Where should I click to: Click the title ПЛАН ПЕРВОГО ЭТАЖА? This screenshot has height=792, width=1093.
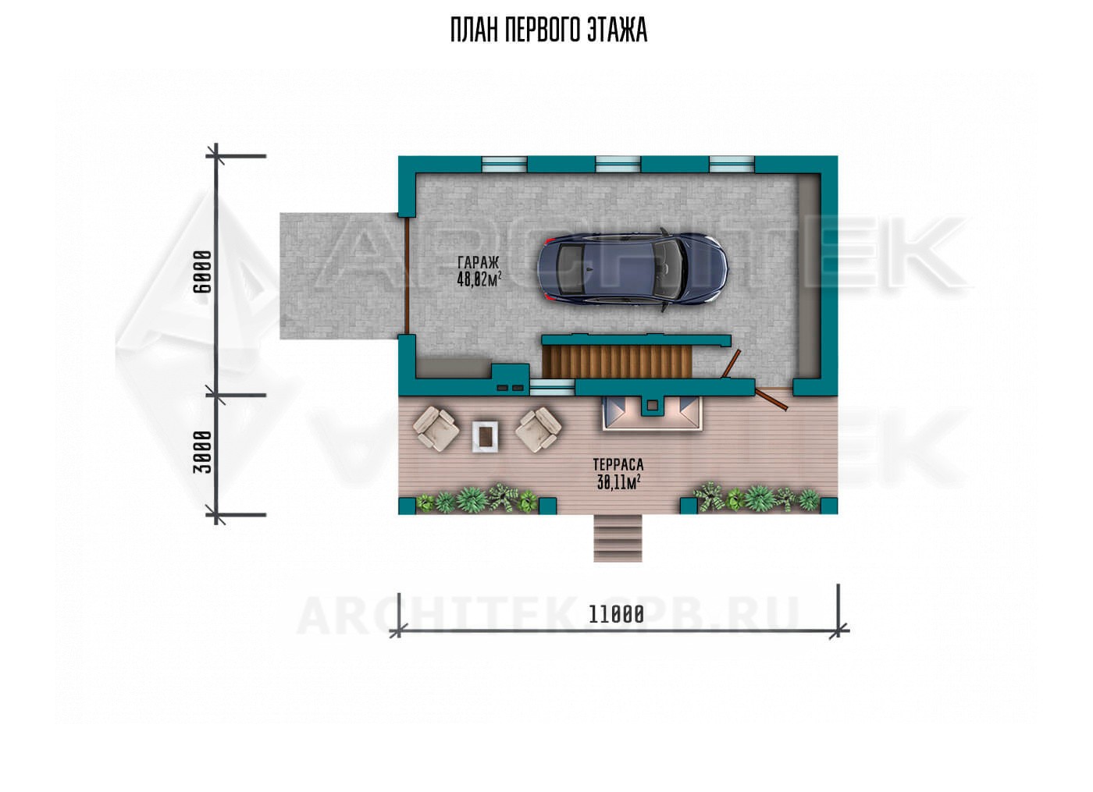[x=548, y=30]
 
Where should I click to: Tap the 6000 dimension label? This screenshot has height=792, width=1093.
[x=202, y=272]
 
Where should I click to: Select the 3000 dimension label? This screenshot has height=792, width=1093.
[x=202, y=452]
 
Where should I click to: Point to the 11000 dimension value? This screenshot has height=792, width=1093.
[x=616, y=615]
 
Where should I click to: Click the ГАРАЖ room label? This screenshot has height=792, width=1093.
[x=478, y=263]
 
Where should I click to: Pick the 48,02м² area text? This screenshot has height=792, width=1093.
[x=479, y=279]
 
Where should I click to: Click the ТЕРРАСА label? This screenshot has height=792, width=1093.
[x=618, y=464]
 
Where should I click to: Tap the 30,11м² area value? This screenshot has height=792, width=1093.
[x=618, y=482]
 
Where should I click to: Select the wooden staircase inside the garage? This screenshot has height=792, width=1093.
[x=618, y=361]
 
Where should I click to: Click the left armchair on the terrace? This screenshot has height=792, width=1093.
[x=436, y=428]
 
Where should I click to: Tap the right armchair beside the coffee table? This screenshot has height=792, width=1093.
[x=539, y=430]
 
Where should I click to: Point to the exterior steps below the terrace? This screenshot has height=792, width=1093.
[x=618, y=538]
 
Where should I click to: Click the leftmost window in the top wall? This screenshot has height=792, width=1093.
[x=504, y=165]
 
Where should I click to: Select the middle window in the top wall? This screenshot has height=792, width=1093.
[x=618, y=165]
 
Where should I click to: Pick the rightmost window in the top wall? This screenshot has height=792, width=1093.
[x=732, y=165]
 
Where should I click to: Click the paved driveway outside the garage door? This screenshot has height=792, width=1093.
[x=340, y=276]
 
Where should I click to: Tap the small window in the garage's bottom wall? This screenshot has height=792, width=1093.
[x=553, y=388]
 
